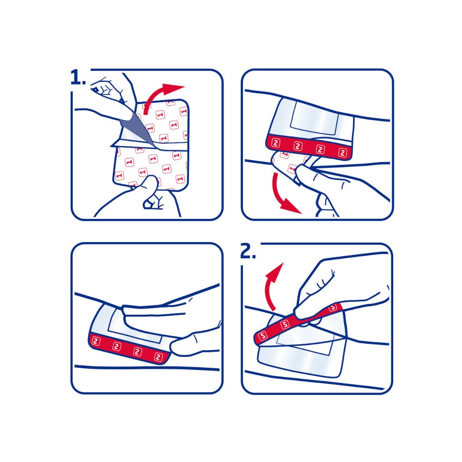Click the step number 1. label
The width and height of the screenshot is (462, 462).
[x=78, y=78]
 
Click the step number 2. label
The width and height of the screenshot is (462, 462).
[x=248, y=251]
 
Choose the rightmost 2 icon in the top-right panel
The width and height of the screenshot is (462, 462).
[x=342, y=152]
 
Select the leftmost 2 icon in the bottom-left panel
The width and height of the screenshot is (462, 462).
[x=96, y=341]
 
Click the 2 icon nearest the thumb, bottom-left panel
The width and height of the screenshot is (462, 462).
[x=159, y=356]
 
